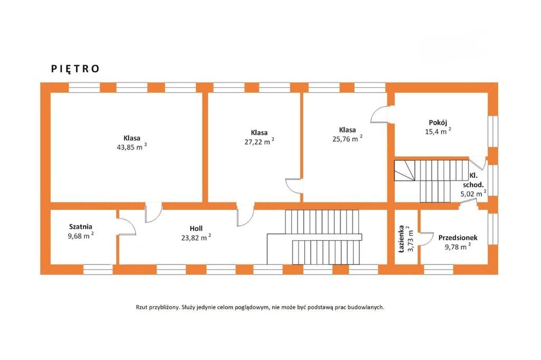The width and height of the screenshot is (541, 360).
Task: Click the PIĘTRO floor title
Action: [x=75, y=69]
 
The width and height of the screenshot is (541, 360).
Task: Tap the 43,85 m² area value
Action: [x=132, y=147]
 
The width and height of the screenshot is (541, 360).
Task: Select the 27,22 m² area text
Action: [x=259, y=141]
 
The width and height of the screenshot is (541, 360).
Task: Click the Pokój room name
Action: [x=438, y=122]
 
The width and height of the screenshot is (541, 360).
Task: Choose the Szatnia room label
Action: [x=81, y=227]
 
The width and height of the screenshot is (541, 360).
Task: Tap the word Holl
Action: [x=196, y=228]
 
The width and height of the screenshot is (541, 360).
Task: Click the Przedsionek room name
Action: [x=458, y=238]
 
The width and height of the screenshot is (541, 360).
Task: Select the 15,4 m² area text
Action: [x=438, y=131]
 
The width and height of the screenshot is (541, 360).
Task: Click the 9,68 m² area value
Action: [x=81, y=236]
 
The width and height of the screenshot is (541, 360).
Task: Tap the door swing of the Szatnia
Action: [x=126, y=226]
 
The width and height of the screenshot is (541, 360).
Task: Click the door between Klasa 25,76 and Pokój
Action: [x=380, y=114]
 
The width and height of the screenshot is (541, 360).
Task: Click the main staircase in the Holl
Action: [x=315, y=237]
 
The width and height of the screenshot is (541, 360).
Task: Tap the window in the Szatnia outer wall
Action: [x=98, y=269]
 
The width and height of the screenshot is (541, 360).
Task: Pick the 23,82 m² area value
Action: [x=196, y=238]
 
